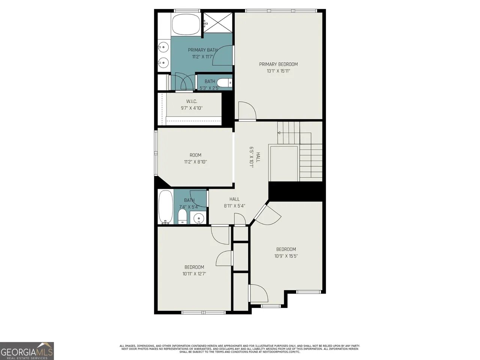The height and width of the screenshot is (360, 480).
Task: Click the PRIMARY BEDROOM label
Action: tap(278, 64)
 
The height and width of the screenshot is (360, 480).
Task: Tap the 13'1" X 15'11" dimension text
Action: tap(278, 71)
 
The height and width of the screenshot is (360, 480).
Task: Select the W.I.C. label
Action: tap(192, 101)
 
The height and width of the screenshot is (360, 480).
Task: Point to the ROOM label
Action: tap(195, 155)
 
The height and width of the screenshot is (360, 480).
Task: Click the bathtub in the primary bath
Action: tap(186, 24)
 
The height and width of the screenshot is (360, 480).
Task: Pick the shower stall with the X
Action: tap(218, 22)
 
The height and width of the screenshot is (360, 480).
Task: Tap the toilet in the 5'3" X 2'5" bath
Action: tap(224, 82)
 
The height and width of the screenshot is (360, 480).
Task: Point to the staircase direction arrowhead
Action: tap(279, 133)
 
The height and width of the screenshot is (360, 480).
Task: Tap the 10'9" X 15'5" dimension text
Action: tap(286, 256)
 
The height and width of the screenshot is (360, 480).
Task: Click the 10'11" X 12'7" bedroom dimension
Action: tap(194, 274)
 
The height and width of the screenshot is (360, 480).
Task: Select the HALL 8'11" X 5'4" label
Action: tap(234, 202)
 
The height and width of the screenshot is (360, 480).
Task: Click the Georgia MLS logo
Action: tap(27, 351)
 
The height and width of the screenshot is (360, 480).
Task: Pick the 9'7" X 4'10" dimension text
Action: tap(192, 108)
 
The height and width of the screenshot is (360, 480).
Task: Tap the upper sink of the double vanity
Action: tap(163, 47)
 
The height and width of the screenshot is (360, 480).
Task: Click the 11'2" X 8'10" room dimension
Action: tap(195, 162)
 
